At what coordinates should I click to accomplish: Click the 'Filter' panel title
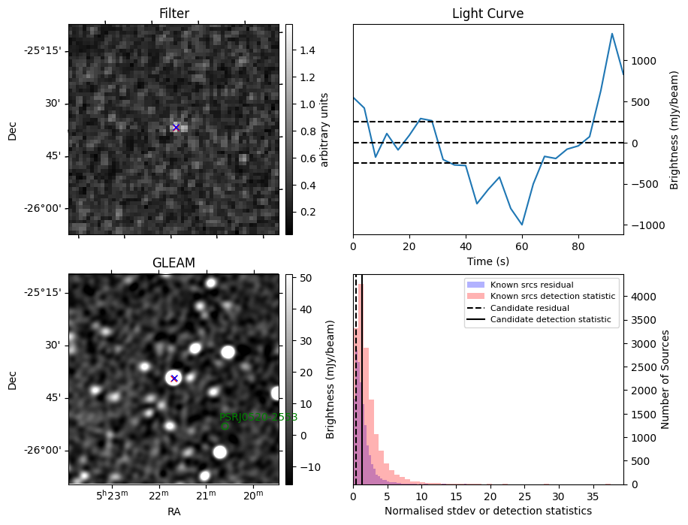174,14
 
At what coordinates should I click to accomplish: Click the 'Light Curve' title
487,14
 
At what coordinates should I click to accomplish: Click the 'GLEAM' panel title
174,263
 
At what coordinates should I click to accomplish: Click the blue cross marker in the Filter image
176,128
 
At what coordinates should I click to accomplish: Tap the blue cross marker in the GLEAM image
174,379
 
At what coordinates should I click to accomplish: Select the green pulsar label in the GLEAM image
258,417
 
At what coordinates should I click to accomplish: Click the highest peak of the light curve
612,34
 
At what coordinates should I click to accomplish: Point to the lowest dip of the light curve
522,225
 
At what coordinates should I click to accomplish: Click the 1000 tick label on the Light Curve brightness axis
647,61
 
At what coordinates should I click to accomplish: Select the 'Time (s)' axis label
487,261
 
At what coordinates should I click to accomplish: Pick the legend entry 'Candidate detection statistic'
551,320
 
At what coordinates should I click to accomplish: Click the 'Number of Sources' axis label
665,379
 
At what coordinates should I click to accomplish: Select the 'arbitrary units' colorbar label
325,129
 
